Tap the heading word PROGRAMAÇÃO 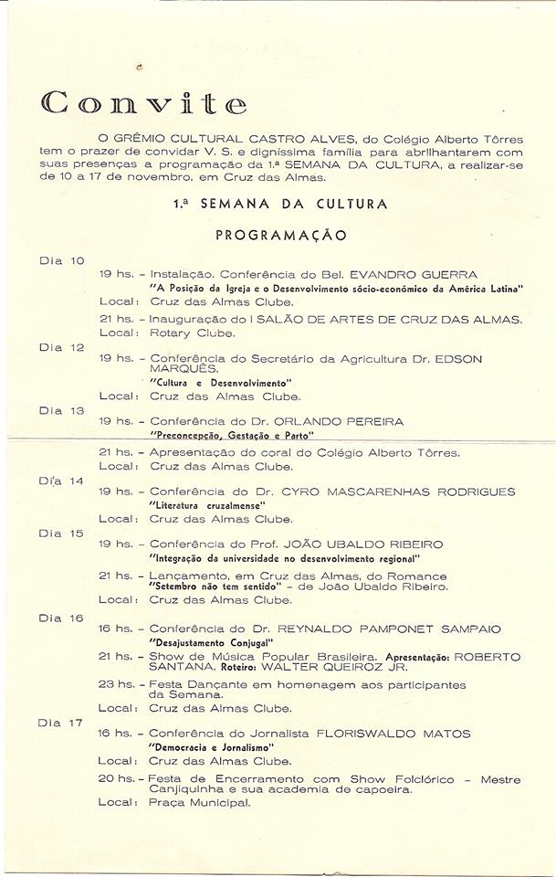click(280, 235)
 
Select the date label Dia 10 click(61, 261)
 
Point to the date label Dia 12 click(61, 347)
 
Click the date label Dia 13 click(61, 410)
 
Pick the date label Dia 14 click(61, 481)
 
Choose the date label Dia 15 click(61, 533)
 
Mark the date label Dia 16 click(61, 618)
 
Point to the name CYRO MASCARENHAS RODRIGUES click(412, 492)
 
